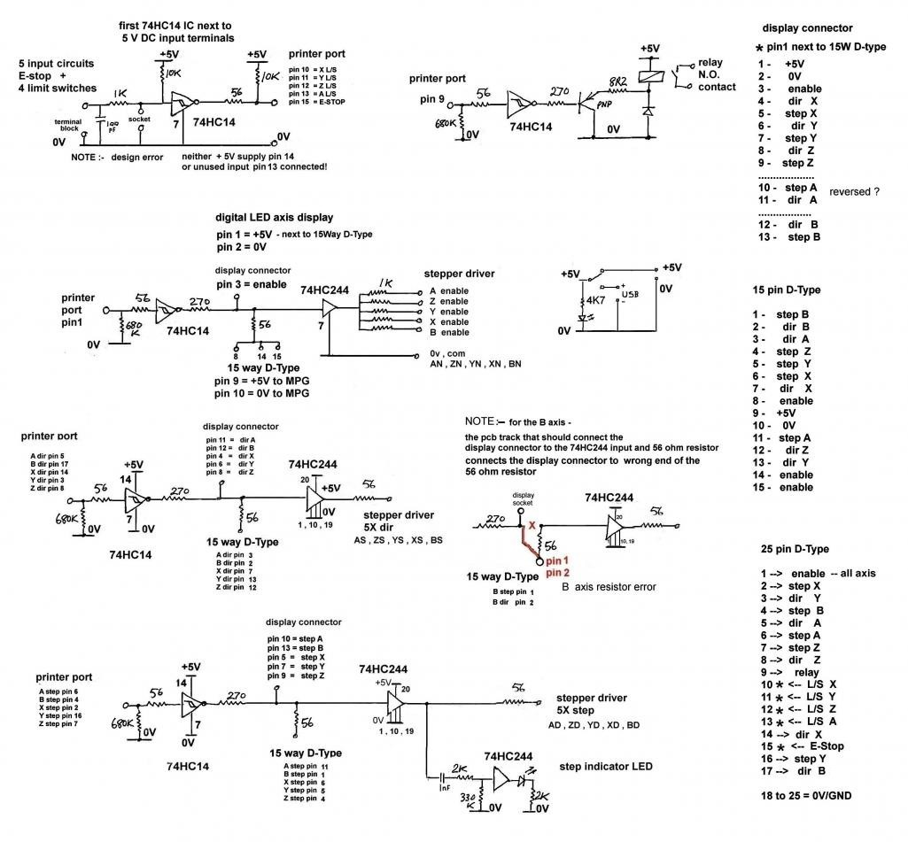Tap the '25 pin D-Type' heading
795,549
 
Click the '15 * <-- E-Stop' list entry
802,746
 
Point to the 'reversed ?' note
855,191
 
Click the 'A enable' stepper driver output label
448,291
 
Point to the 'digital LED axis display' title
274,217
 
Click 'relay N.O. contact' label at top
718,76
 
